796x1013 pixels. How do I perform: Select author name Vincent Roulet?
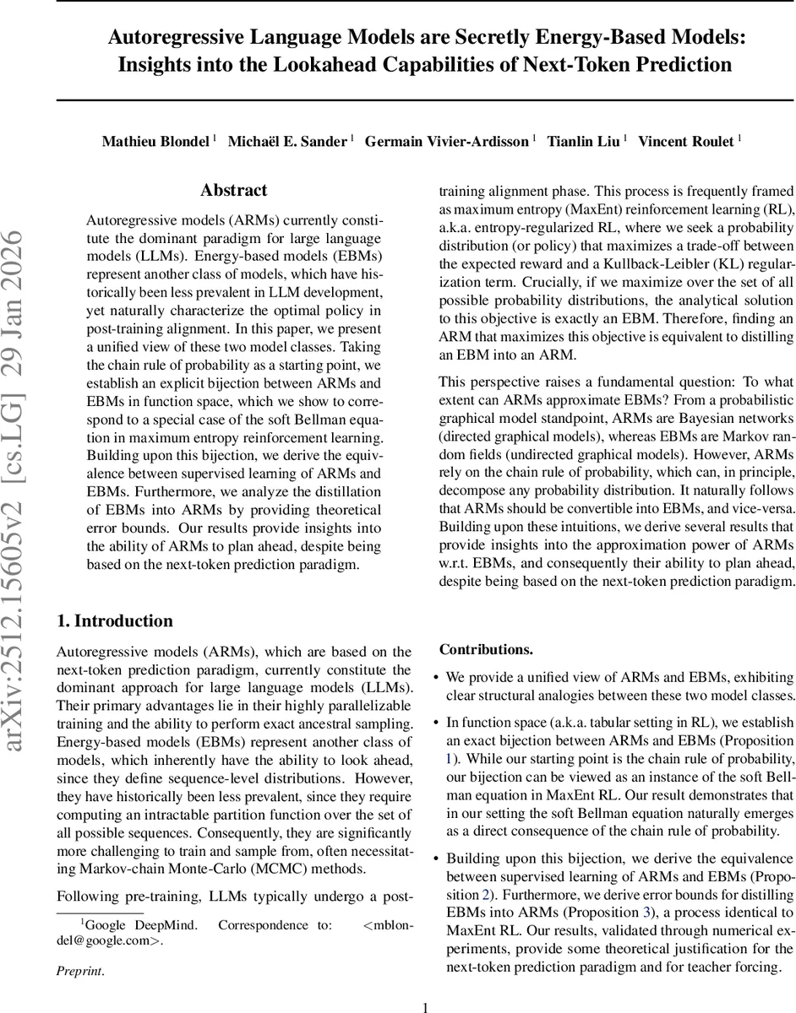[x=685, y=141]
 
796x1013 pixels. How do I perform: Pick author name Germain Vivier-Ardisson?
[x=447, y=141]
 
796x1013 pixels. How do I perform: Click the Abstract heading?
[x=234, y=191]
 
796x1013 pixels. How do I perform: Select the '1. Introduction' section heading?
[x=114, y=621]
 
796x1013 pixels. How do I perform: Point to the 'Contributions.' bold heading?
[x=486, y=650]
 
